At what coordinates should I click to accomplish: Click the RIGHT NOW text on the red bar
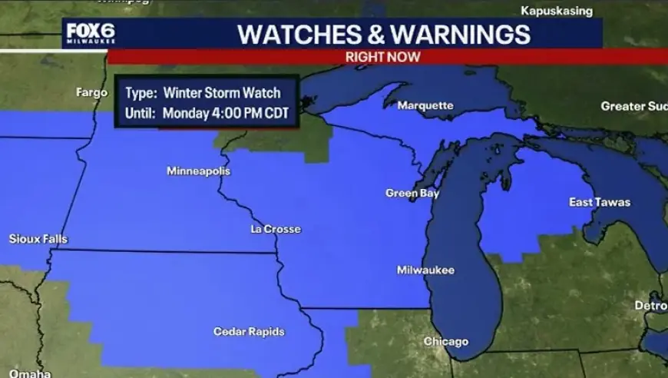pos(382,57)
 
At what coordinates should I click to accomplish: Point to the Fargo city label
pos(92,92)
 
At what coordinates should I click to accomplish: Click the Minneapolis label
pos(198,171)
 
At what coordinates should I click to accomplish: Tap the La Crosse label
pos(276,229)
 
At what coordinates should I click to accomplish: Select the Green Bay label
pos(412,194)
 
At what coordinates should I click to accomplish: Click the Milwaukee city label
pos(425,270)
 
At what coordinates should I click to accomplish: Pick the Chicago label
pos(446,342)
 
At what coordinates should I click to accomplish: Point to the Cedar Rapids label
pos(249,332)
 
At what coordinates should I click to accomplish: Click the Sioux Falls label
pos(38,239)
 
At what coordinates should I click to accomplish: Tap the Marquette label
pos(425,106)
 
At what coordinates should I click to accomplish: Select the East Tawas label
pos(600,202)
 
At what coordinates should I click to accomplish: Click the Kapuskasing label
pos(557,11)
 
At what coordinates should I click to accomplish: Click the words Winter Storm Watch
pos(222,94)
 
